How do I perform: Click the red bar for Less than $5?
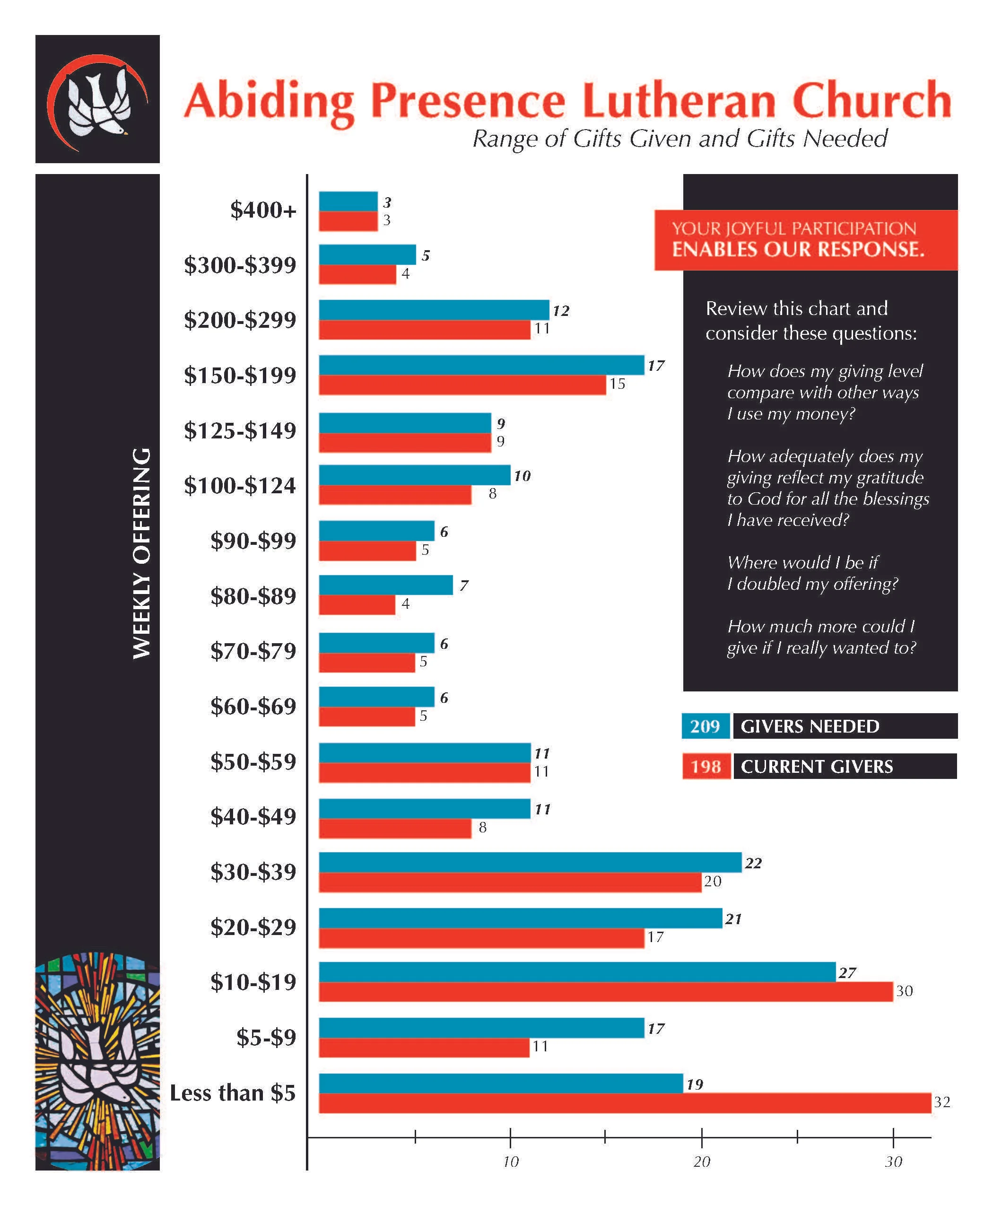point(625,1102)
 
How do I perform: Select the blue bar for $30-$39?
point(530,862)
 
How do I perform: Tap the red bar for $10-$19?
point(605,991)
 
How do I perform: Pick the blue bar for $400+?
point(348,201)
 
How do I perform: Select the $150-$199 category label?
point(240,376)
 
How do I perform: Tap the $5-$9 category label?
point(267,1037)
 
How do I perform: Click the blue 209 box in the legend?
point(706,726)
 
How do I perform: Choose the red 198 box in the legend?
point(706,766)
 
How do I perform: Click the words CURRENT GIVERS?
point(816,767)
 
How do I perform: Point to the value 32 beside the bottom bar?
point(941,1102)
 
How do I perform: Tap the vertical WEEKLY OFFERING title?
point(141,553)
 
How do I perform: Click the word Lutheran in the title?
point(679,101)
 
